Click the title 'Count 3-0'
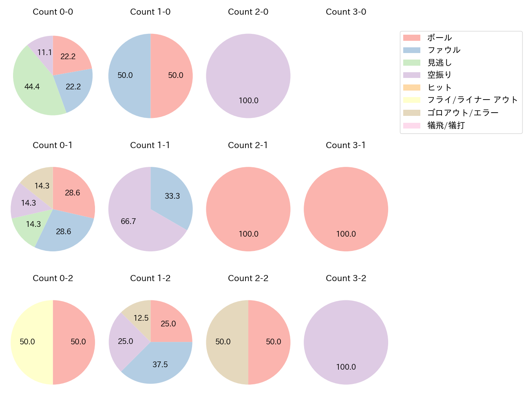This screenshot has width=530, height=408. pyautogui.click(x=346, y=12)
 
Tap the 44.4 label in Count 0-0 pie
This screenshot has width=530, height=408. pyautogui.click(x=32, y=86)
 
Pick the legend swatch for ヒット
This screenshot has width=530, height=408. pyautogui.click(x=411, y=88)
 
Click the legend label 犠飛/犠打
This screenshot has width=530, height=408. pyautogui.click(x=446, y=125)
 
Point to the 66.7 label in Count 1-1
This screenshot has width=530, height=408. pyautogui.click(x=128, y=222)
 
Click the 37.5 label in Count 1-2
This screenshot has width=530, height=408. pyautogui.click(x=160, y=365)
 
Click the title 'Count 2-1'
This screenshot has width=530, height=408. pyautogui.click(x=248, y=145)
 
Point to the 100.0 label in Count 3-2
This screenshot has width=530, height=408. pyautogui.click(x=346, y=367)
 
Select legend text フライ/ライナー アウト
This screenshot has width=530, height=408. pyautogui.click(x=473, y=100)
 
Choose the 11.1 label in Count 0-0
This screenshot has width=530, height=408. pyautogui.click(x=44, y=53)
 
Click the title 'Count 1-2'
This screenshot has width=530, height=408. pyautogui.click(x=150, y=278)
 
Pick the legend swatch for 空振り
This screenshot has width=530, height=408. pyautogui.click(x=411, y=75)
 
